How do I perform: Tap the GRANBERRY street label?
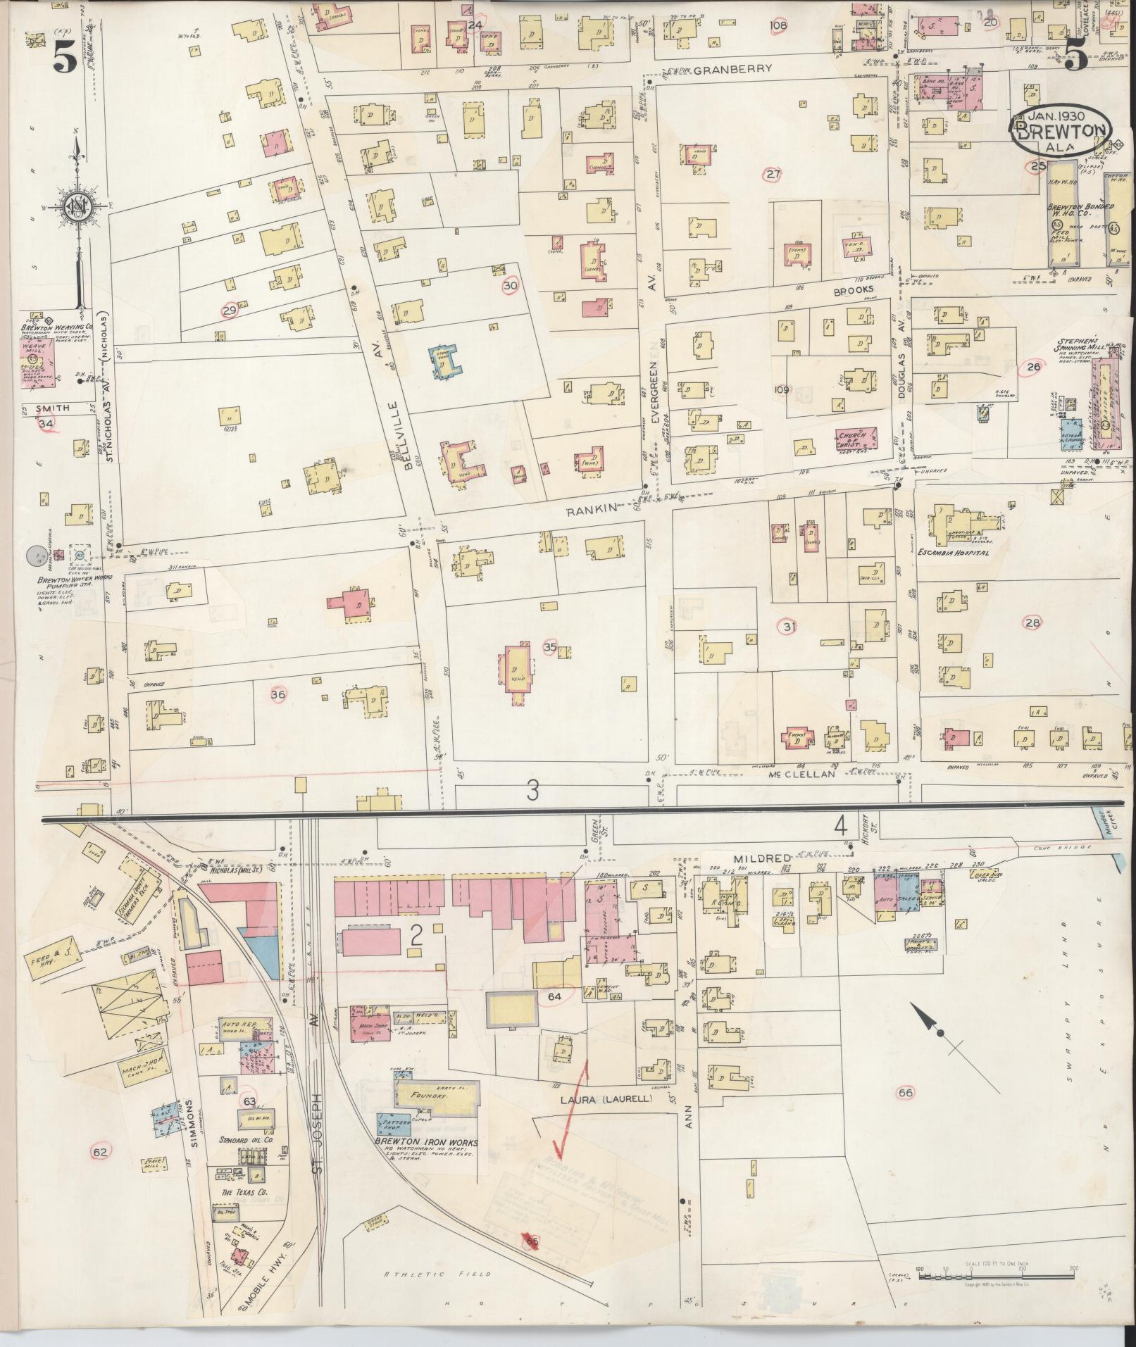[x=732, y=70]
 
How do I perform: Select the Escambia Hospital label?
[x=954, y=553]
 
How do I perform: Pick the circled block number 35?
[x=551, y=646]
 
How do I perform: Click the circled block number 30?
[x=511, y=285]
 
